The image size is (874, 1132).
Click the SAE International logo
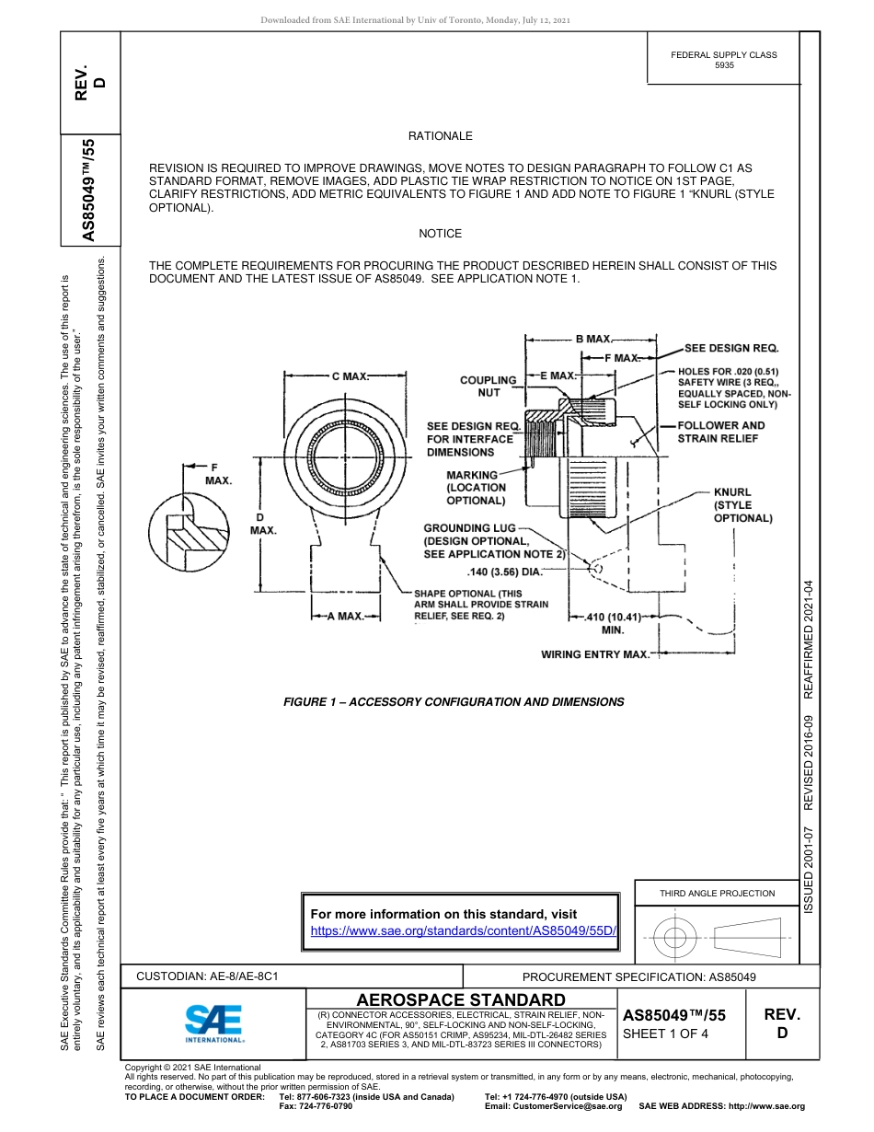pos(213,1022)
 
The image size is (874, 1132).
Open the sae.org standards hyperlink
pos(463,930)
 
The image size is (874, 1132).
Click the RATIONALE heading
pos(440,136)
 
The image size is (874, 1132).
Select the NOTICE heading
pos(440,234)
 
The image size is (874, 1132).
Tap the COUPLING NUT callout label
pos(488,387)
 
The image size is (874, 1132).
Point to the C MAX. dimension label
pos(350,375)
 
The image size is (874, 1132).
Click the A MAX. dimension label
pos(346,617)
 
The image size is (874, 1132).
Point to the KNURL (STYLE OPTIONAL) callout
pos(742,505)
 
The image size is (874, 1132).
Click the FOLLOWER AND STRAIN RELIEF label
pos(720,432)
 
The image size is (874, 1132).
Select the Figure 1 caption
pos(454,702)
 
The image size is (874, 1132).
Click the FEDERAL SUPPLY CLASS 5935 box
pos(723,60)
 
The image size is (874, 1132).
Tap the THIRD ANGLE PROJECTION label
pos(717,893)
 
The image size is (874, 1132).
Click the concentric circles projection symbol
pos(676,938)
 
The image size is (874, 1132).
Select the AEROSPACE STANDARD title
pos(461,1000)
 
